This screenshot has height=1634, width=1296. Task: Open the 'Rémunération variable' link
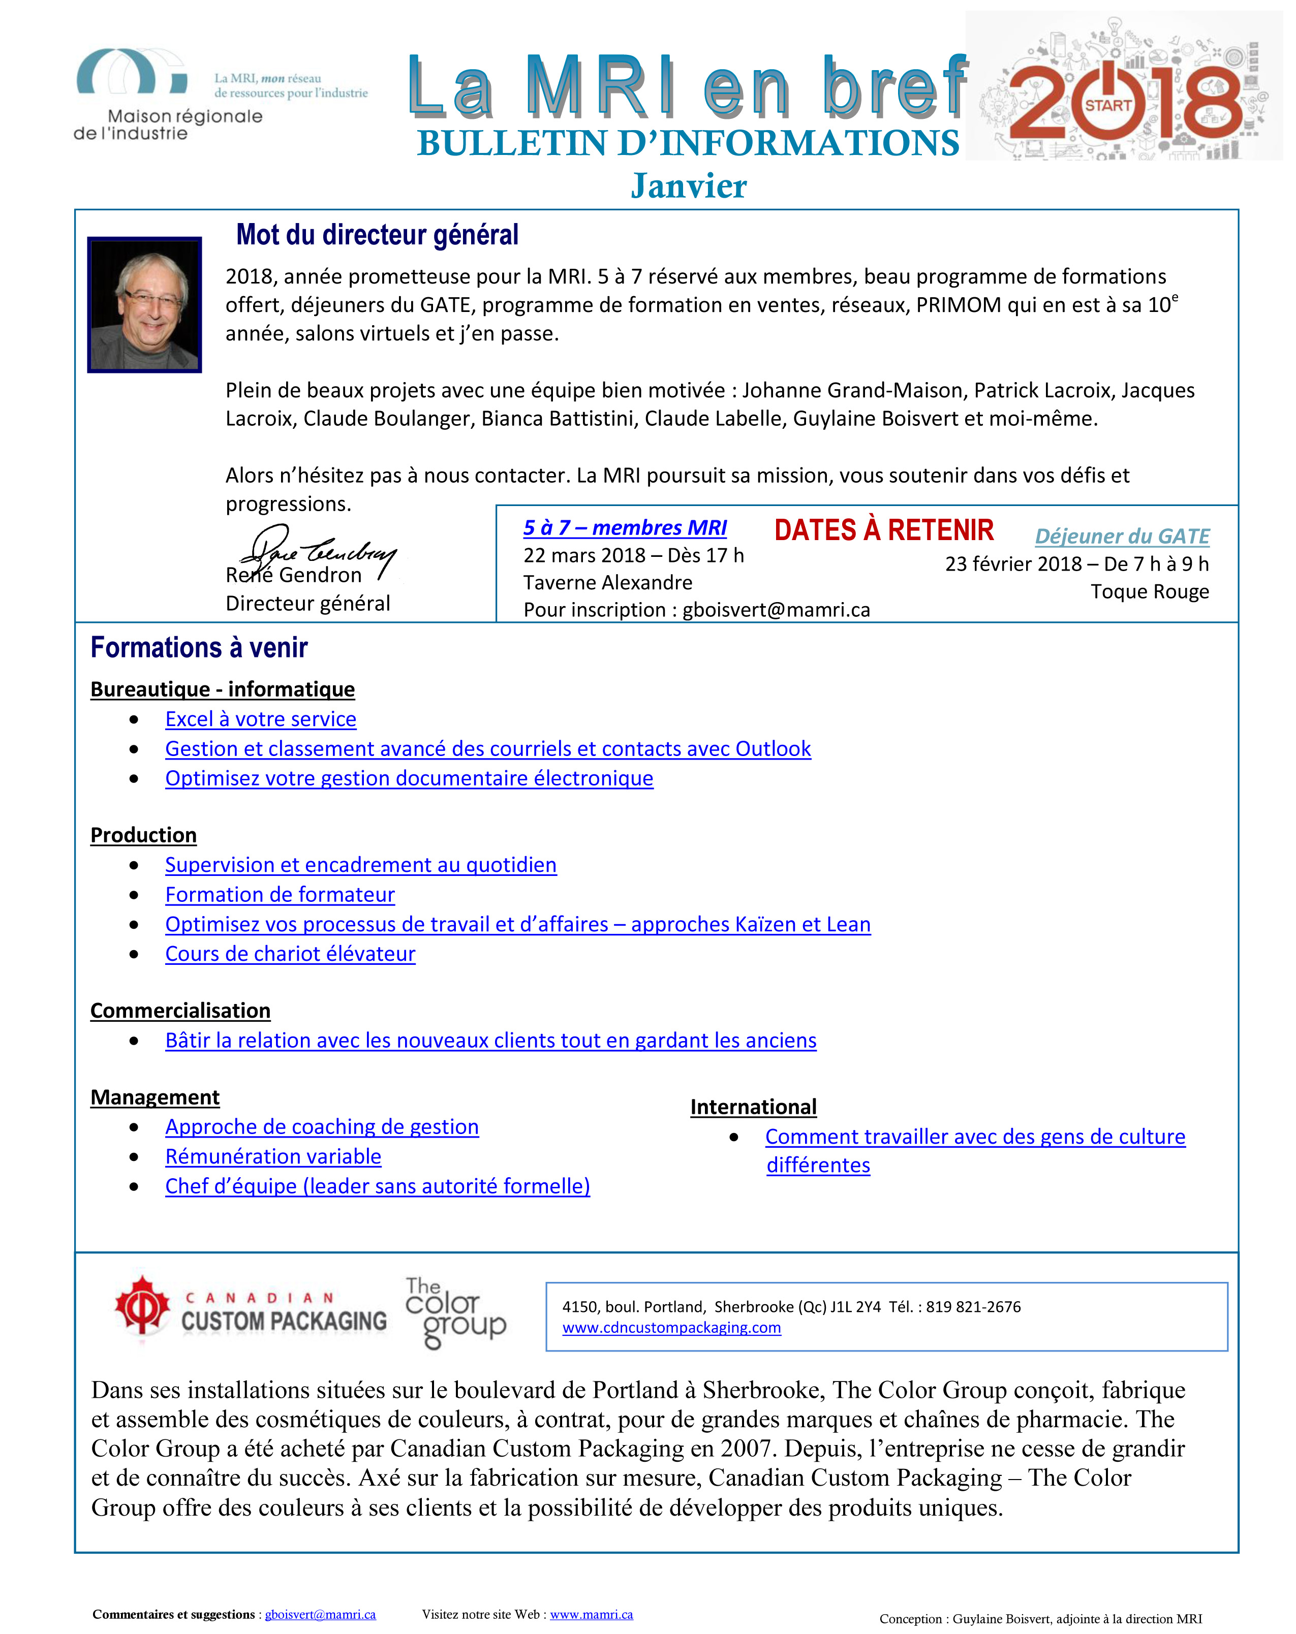pyautogui.click(x=273, y=1156)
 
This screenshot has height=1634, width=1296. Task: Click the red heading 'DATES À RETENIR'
pyautogui.click(x=884, y=530)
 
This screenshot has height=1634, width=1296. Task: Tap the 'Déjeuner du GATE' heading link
pyautogui.click(x=1122, y=536)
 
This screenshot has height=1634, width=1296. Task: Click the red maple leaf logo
pyautogui.click(x=142, y=1305)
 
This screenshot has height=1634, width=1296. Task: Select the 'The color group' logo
pyautogui.click(x=455, y=1313)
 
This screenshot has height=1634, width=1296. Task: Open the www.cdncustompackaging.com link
pyautogui.click(x=671, y=1327)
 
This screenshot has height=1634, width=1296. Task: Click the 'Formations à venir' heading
pyautogui.click(x=199, y=648)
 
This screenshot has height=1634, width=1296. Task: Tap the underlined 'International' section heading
pyautogui.click(x=753, y=1107)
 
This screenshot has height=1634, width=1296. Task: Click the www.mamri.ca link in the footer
pyautogui.click(x=591, y=1614)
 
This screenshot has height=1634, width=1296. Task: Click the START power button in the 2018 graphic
pyautogui.click(x=1107, y=103)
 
